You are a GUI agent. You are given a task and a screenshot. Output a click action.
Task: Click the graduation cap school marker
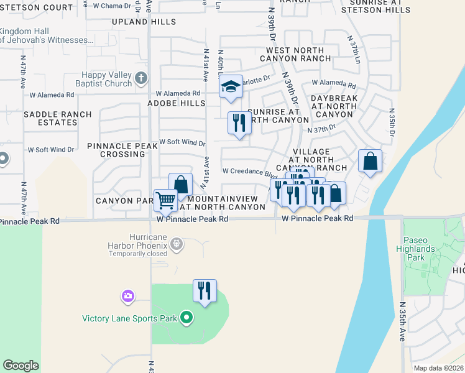pyautogui.click(x=230, y=87)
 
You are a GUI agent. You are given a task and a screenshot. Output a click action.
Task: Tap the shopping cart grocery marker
pyautogui.click(x=165, y=200)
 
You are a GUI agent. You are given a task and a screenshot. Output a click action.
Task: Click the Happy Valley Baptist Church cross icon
pyautogui.click(x=141, y=78)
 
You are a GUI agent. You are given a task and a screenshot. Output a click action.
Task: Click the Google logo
pyautogui.click(x=21, y=366)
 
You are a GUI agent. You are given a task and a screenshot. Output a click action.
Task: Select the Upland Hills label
pyautogui.click(x=144, y=22)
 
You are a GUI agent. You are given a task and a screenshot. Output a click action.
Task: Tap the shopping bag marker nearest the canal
pyautogui.click(x=370, y=161)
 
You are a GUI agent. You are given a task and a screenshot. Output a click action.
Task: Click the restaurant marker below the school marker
pyautogui.click(x=239, y=123)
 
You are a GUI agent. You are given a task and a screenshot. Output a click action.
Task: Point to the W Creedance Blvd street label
pyautogui.click(x=249, y=172)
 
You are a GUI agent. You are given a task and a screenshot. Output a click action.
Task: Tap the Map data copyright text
pyautogui.click(x=439, y=368)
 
